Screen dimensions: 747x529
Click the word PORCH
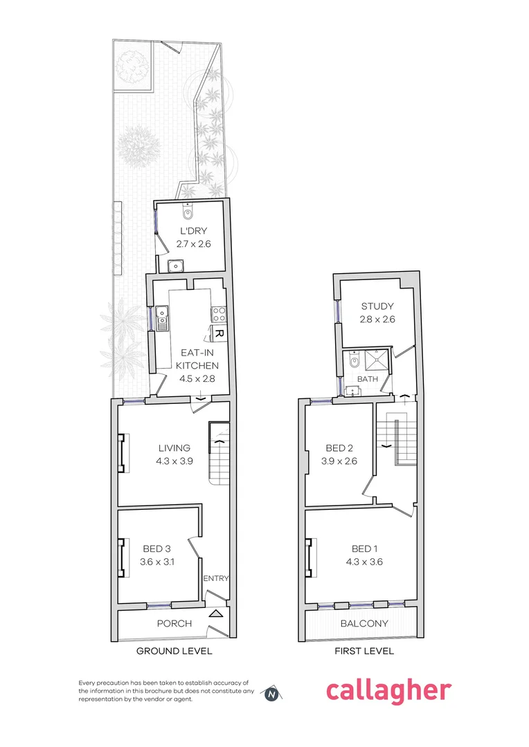pyautogui.click(x=174, y=623)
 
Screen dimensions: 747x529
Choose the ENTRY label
pyautogui.click(x=216, y=578)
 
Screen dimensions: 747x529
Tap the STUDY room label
pyautogui.click(x=377, y=306)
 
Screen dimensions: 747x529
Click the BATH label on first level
pyautogui.click(x=367, y=380)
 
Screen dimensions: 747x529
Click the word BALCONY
pyautogui.click(x=364, y=623)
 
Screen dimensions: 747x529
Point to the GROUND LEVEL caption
pyautogui.click(x=174, y=651)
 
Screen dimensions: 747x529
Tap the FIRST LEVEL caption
pyautogui.click(x=364, y=651)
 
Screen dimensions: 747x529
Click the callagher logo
pyautogui.click(x=388, y=690)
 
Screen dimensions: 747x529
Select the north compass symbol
pyautogui.click(x=272, y=693)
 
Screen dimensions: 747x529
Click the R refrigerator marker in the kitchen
pyautogui.click(x=218, y=333)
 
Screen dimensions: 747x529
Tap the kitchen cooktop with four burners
pyautogui.click(x=219, y=315)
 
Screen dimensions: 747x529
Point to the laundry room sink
pyautogui.click(x=177, y=264)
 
